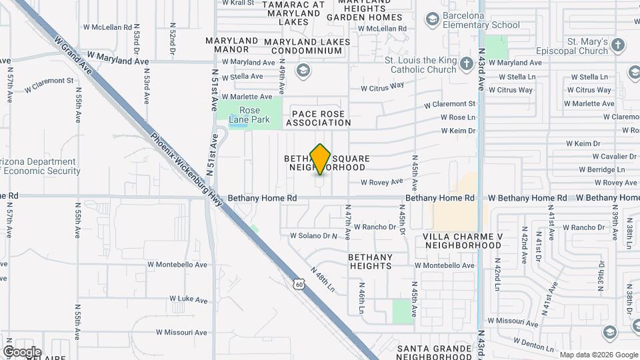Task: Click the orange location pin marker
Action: (321, 159)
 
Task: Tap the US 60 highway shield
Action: (298, 283)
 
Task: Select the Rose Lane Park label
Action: (249, 115)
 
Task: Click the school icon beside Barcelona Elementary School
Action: (432, 18)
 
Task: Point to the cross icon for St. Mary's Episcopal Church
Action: (618, 45)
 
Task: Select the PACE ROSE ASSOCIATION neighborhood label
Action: (318, 119)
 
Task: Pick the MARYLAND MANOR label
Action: (231, 45)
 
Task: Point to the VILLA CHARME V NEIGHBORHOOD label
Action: (462, 241)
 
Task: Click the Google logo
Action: (21, 352)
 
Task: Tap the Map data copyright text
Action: (597, 355)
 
